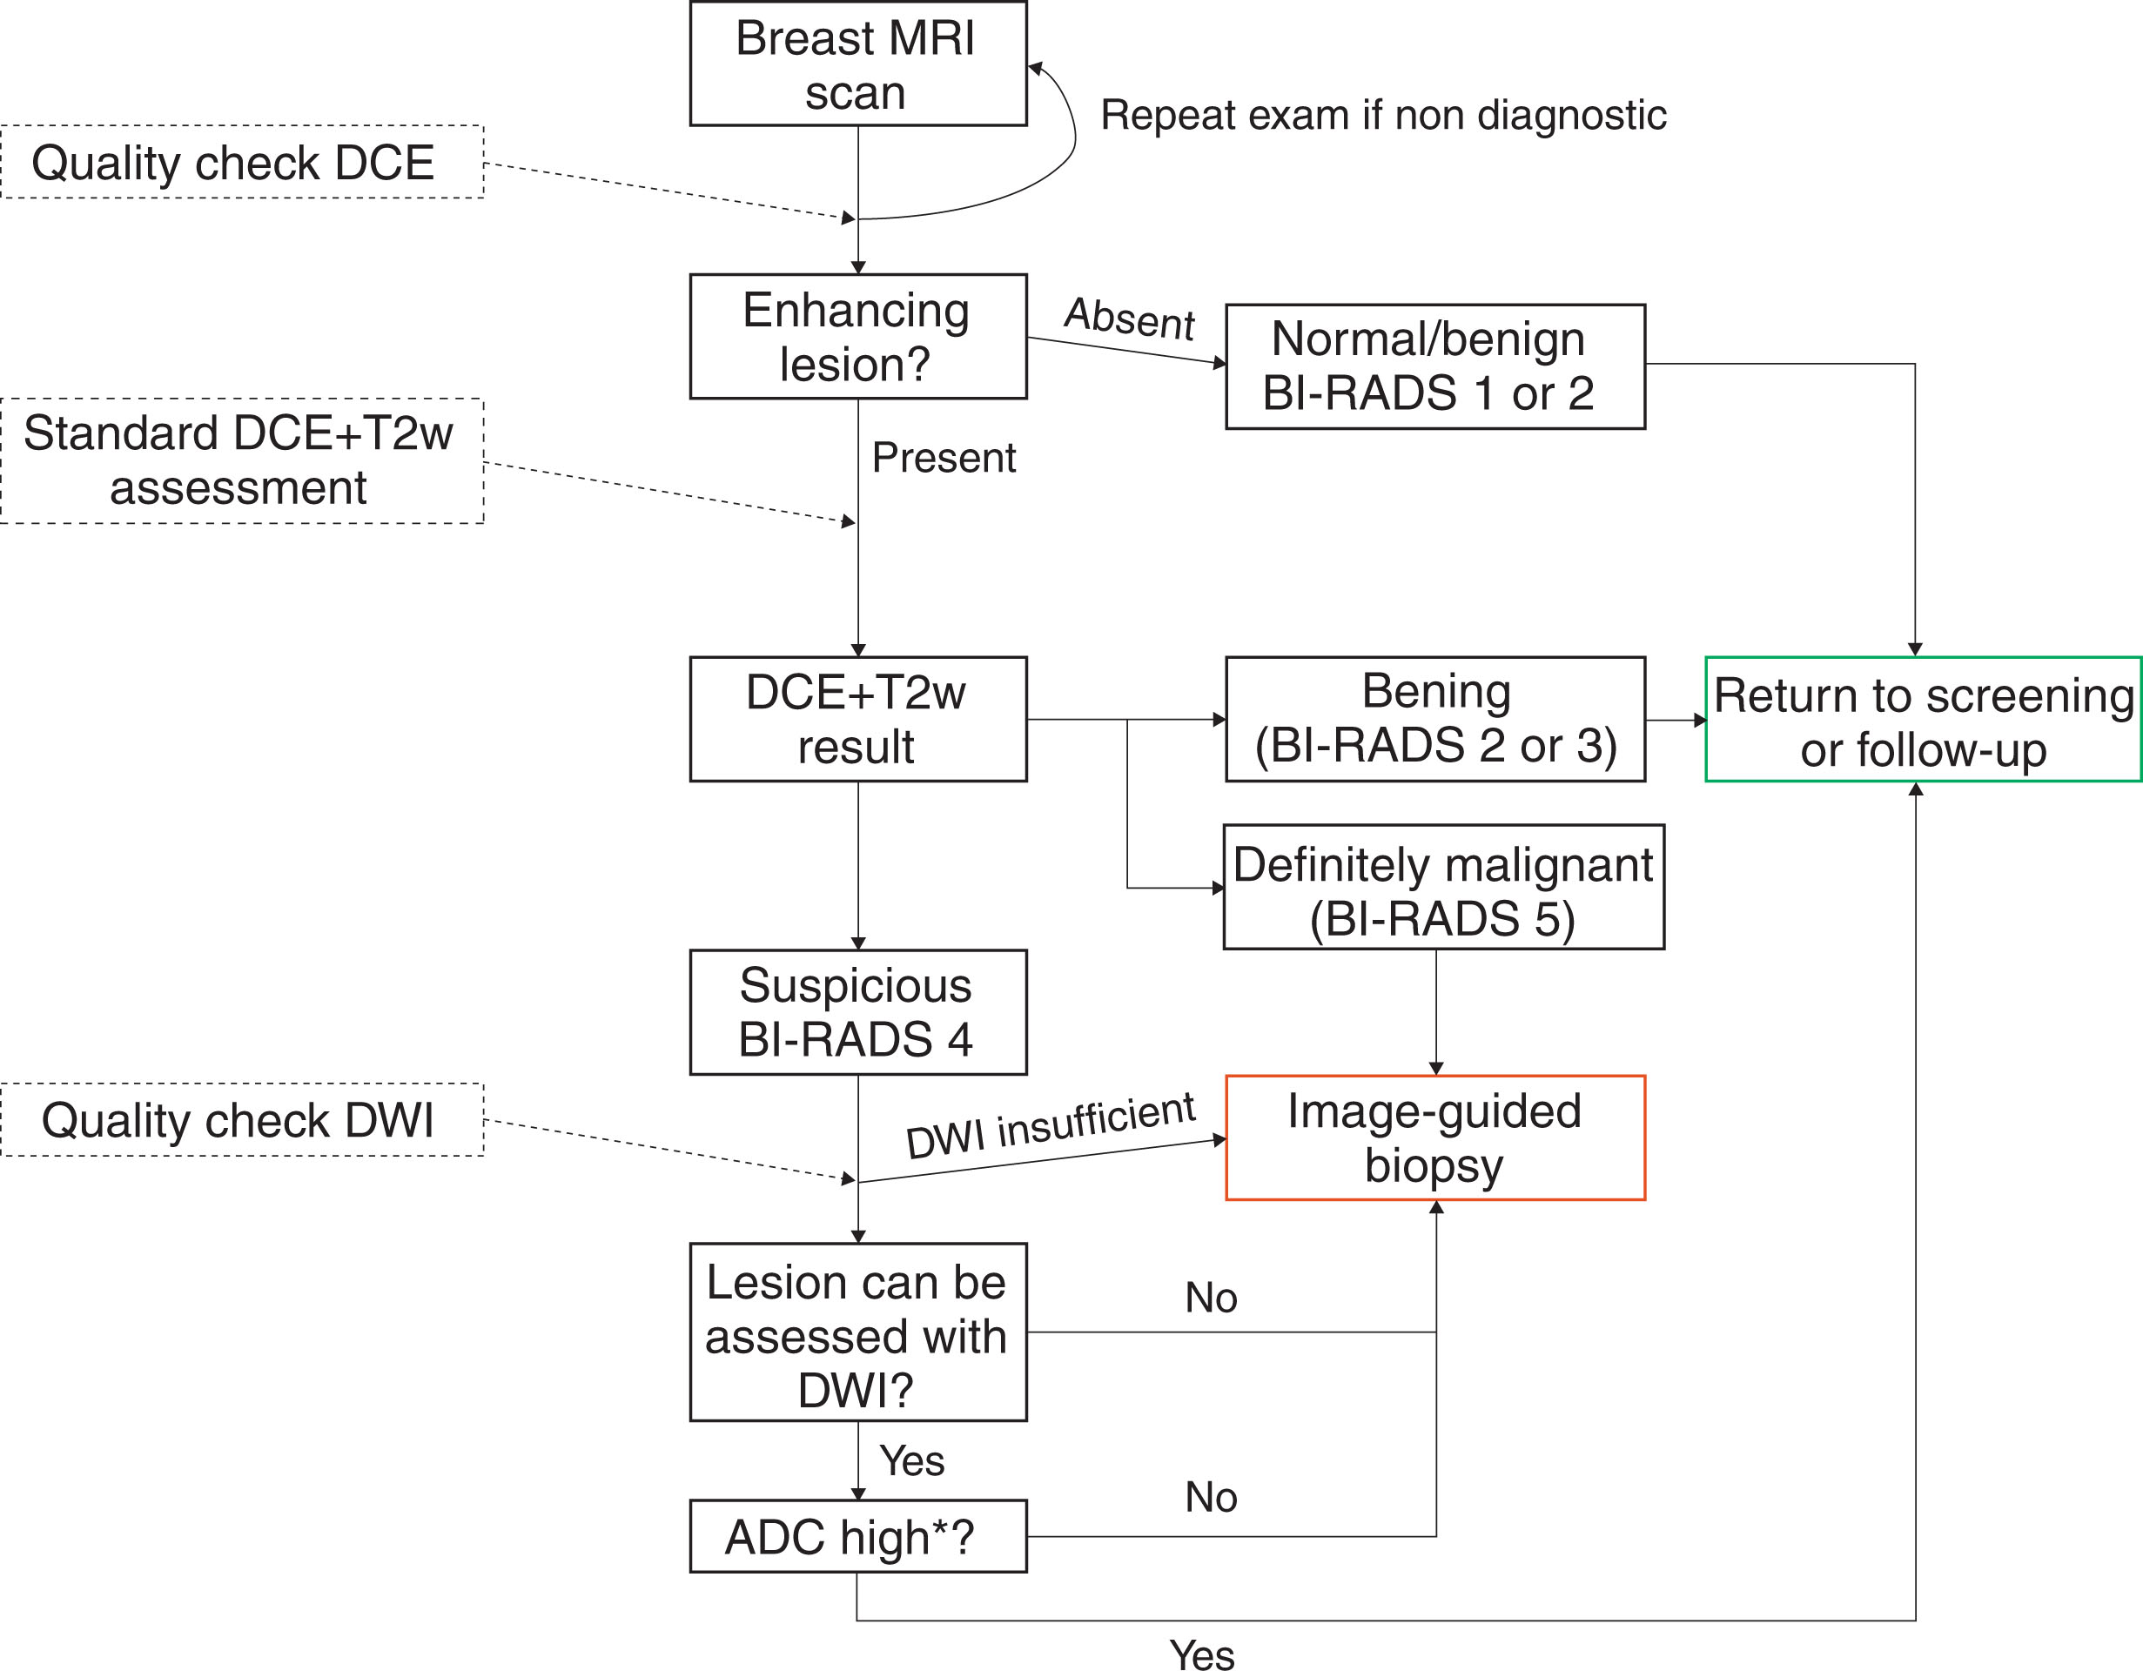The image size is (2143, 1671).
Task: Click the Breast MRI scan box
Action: coord(857,64)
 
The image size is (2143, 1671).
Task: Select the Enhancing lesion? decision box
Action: coord(857,337)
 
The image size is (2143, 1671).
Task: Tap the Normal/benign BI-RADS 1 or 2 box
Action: coord(1434,366)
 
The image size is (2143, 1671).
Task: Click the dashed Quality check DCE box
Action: coord(241,162)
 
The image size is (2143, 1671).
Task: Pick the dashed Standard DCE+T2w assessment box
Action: coord(241,460)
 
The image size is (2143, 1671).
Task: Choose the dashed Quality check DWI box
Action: coord(241,1119)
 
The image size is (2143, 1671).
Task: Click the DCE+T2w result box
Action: coord(857,719)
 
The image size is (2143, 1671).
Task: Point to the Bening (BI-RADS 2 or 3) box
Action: coord(1434,719)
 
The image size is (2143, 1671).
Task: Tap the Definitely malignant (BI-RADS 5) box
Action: coord(1442,887)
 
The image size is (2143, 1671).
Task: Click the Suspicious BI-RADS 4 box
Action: coord(857,1011)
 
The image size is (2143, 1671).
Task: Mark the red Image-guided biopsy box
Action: coord(1434,1137)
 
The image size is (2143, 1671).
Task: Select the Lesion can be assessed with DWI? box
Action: coord(857,1332)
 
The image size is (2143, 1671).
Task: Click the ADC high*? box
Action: coord(857,1537)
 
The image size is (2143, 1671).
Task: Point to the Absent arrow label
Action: coord(1130,318)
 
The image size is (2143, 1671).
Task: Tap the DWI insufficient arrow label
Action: coord(1050,1125)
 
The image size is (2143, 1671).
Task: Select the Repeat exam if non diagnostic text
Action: coord(1382,116)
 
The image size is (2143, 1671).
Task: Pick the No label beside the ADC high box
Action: coord(1211,1497)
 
